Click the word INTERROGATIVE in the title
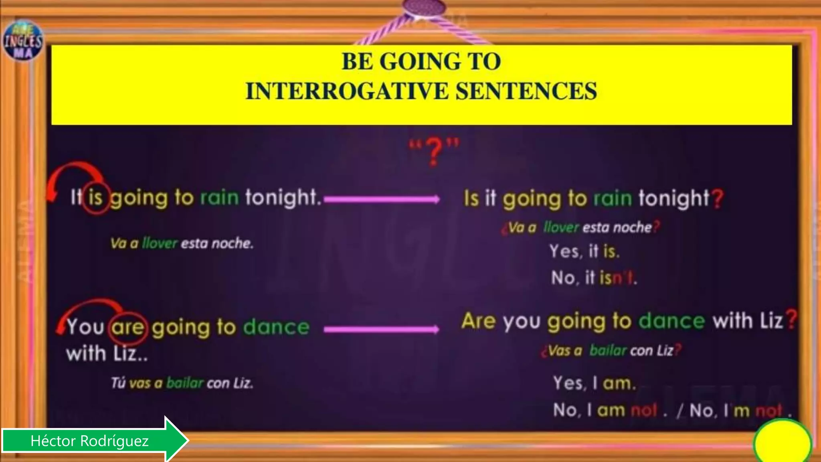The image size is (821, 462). click(347, 91)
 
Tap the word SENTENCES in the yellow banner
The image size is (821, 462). click(526, 91)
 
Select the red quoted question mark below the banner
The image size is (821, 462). click(434, 152)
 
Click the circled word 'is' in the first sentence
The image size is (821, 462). click(96, 197)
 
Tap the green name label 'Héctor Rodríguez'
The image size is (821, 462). click(90, 441)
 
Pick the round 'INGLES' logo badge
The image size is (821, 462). click(23, 40)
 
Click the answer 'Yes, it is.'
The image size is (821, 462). click(584, 251)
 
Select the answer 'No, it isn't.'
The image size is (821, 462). click(594, 278)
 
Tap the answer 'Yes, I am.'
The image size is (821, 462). click(594, 383)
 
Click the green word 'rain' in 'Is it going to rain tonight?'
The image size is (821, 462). click(613, 199)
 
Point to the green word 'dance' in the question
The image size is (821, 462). click(671, 321)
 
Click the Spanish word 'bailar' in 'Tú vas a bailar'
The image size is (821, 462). click(185, 383)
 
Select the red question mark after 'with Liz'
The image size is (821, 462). click(791, 321)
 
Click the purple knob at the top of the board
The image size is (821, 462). click(425, 6)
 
